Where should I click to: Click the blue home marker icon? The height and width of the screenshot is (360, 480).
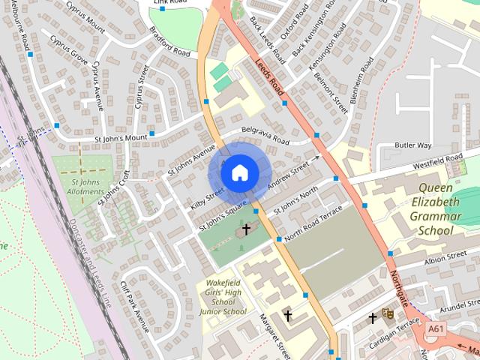(238, 172)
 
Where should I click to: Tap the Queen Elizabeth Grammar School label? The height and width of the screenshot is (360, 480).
(436, 209)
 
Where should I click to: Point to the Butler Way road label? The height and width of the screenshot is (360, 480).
(414, 145)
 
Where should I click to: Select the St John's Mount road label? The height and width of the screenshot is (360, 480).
(121, 139)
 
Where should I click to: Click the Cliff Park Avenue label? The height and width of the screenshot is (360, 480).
(134, 306)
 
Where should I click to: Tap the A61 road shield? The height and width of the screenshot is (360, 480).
(436, 328)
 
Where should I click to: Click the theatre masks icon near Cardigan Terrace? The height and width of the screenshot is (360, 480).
(388, 313)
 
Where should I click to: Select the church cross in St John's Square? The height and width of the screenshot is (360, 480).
(246, 229)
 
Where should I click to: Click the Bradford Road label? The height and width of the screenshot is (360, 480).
(169, 46)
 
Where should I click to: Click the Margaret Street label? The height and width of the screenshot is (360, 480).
(274, 331)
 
